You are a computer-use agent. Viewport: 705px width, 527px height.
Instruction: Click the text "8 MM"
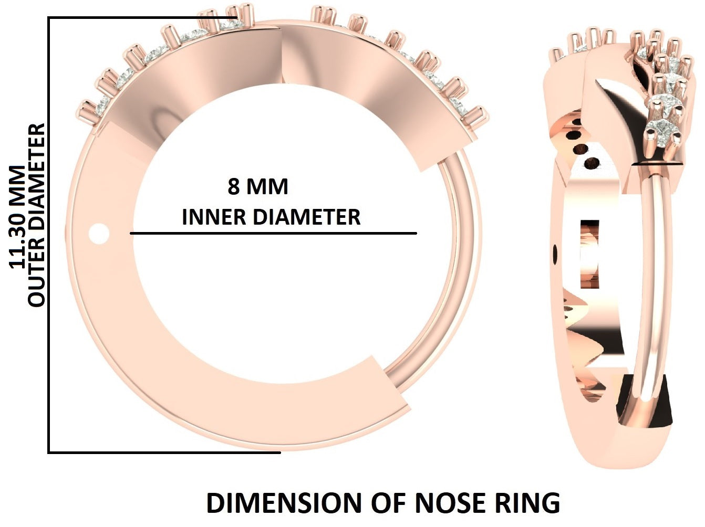pyautogui.click(x=258, y=187)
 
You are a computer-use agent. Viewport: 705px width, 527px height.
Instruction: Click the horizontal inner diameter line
pyautogui.click(x=273, y=233)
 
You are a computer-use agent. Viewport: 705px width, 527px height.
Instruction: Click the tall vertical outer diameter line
pyautogui.click(x=49, y=235)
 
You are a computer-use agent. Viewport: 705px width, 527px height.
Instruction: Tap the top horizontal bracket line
pyautogui.click(x=142, y=18)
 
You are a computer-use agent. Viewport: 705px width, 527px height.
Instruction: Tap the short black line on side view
pyautogui.click(x=657, y=164)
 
